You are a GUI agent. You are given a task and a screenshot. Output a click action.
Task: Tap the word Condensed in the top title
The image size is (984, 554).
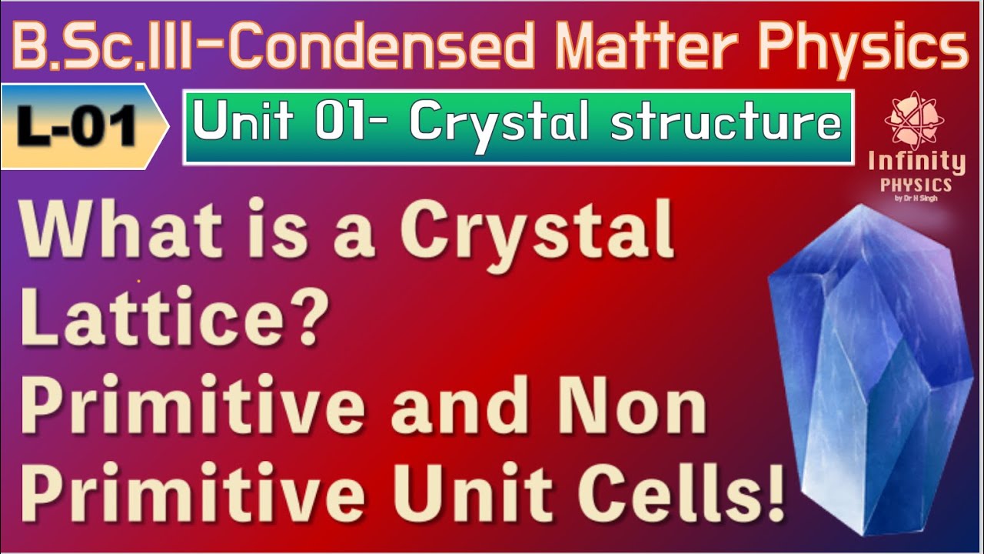(382, 48)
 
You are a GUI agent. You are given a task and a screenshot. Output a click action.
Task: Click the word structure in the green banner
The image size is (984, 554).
(725, 125)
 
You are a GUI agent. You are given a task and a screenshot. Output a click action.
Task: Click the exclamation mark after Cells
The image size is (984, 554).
(773, 497)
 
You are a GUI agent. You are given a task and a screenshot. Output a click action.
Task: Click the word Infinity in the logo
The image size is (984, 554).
(916, 163)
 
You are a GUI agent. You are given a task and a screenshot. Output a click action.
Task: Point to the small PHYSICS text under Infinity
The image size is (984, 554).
(916, 185)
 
